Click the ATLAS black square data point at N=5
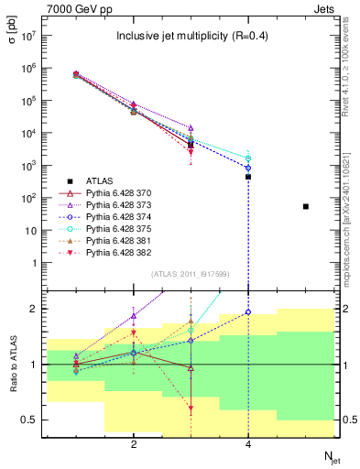(x=305, y=207)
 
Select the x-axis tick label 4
(x=248, y=444)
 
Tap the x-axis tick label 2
(x=134, y=444)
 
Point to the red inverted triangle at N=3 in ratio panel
(x=191, y=409)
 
